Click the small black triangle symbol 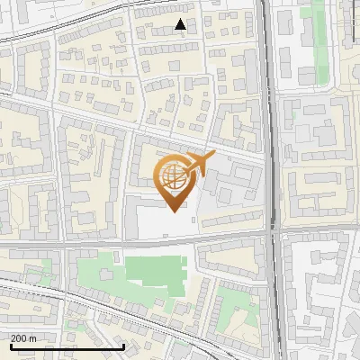point(181,24)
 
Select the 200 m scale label point(24,338)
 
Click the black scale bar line point(67,346)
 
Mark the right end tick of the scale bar point(123,345)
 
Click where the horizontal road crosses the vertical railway point(271,232)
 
